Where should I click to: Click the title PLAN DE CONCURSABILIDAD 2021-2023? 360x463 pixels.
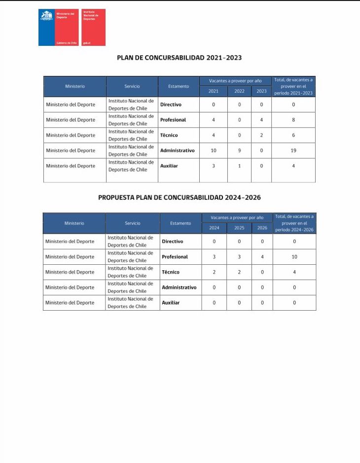179,58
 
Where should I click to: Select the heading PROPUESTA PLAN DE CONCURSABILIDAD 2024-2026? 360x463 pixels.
179,197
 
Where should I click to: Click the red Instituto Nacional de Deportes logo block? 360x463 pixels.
93,28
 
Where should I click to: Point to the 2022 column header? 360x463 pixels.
239,91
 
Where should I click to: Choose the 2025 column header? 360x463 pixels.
239,228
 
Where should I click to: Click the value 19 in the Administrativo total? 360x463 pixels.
293,150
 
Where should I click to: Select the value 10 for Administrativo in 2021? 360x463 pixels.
214,150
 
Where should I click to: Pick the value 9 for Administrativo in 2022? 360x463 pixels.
239,150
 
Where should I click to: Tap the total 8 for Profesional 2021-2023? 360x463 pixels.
293,120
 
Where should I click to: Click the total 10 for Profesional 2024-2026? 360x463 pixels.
294,257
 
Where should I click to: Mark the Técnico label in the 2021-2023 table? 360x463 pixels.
169,135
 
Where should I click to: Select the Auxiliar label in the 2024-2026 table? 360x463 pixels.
171,303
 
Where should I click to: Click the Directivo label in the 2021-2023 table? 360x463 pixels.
171,105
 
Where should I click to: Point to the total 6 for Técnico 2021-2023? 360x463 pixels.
293,135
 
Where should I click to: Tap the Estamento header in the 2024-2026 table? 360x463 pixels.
180,223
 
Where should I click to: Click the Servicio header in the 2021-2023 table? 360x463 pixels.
132,86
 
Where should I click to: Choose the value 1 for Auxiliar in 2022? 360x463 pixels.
239,166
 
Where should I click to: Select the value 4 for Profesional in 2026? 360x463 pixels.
262,257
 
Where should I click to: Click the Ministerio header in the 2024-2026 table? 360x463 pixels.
74,223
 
